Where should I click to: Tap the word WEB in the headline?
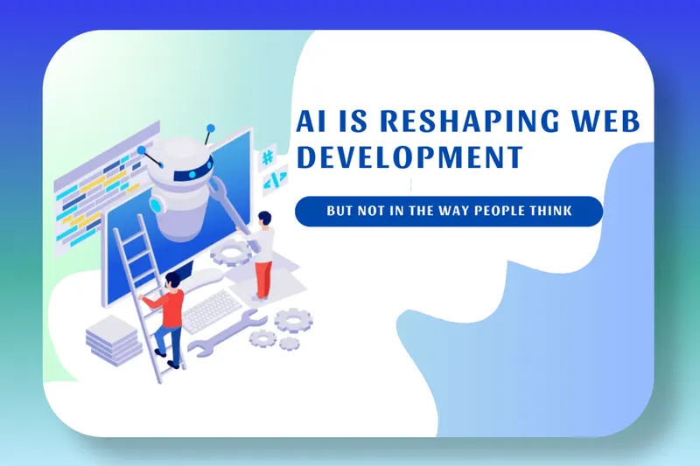(x=606, y=121)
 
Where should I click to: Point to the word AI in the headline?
(x=311, y=121)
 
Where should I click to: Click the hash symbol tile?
(x=268, y=157)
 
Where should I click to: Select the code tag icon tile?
(x=275, y=180)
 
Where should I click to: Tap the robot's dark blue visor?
(x=193, y=170)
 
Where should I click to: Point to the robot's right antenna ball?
(x=210, y=129)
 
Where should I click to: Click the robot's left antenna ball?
(x=142, y=150)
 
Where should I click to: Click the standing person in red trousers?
(x=264, y=255)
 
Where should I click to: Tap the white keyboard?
(x=212, y=311)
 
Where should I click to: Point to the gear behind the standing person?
(x=231, y=253)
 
